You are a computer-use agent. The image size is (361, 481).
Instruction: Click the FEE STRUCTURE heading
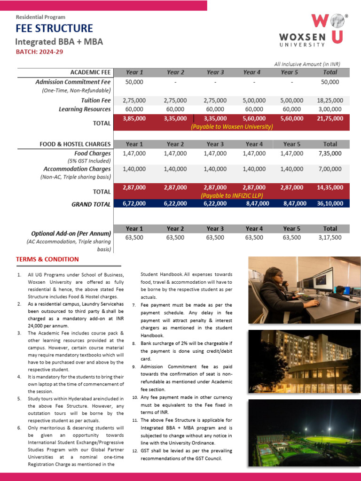[54, 29]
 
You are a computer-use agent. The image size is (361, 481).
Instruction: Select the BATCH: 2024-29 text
[39, 52]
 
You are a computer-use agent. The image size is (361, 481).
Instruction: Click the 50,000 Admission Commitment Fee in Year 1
[134, 82]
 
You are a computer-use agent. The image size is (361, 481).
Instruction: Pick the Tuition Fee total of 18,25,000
[330, 101]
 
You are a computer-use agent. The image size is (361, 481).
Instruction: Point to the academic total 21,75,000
[330, 119]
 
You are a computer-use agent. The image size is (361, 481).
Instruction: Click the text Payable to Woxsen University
[231, 127]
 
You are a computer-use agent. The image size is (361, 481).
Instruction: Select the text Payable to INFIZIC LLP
[231, 195]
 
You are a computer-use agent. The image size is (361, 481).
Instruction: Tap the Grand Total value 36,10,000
[330, 204]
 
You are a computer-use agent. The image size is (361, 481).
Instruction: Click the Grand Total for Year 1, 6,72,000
[134, 204]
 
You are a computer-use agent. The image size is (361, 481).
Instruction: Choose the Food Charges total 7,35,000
[330, 154]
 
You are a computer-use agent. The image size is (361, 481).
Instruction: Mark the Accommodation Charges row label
[77, 169]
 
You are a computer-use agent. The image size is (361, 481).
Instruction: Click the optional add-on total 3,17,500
[330, 238]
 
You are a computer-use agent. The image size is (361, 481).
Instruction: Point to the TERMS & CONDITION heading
[47, 259]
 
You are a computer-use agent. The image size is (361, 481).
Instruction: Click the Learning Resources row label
[85, 109]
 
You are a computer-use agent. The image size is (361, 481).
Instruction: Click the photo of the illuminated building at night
[304, 361]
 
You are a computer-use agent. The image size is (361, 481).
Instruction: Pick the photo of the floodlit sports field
[304, 433]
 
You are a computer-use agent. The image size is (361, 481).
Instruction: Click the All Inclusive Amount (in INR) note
[307, 64]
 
